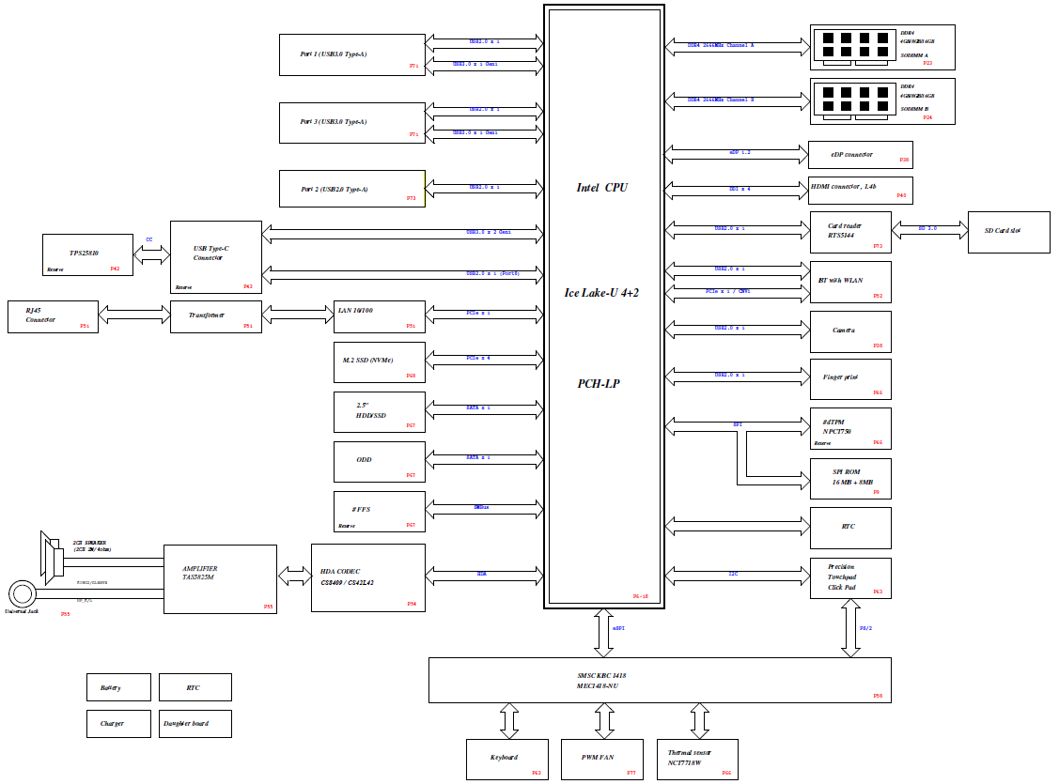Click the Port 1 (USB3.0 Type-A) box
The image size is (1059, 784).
click(352, 54)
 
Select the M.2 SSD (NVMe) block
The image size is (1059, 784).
click(380, 361)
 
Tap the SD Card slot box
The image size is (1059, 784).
click(1008, 231)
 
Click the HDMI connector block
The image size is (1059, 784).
click(860, 190)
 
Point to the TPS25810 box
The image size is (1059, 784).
click(87, 254)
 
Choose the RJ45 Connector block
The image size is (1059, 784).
click(53, 316)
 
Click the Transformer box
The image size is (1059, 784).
click(214, 316)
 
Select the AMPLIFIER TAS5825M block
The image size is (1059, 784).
click(220, 578)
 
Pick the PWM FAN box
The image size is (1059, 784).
click(601, 759)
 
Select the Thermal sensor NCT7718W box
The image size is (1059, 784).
click(697, 759)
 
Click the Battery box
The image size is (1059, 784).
click(118, 687)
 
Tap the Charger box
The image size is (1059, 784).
click(118, 723)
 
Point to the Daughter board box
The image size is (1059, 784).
click(195, 723)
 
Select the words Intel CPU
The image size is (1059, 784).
click(602, 188)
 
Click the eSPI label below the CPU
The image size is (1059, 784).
click(617, 628)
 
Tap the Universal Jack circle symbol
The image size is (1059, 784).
click(23, 593)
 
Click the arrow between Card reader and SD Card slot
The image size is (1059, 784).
click(929, 228)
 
